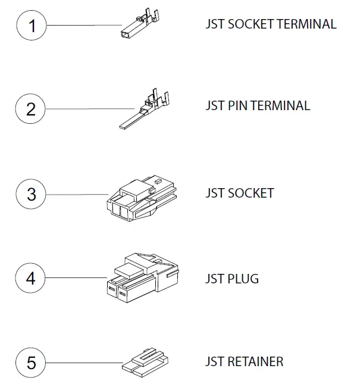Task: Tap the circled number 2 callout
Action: [x=32, y=109]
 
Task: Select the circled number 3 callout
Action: [x=32, y=194]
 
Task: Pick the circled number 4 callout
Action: [x=32, y=278]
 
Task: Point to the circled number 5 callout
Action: [x=32, y=363]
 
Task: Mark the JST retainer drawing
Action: [x=145, y=361]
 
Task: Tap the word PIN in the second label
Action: [x=237, y=106]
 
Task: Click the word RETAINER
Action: [x=255, y=361]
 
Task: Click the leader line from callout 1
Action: [x=83, y=25]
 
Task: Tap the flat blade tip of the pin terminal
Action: [x=125, y=126]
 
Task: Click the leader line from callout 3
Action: [x=77, y=194]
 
